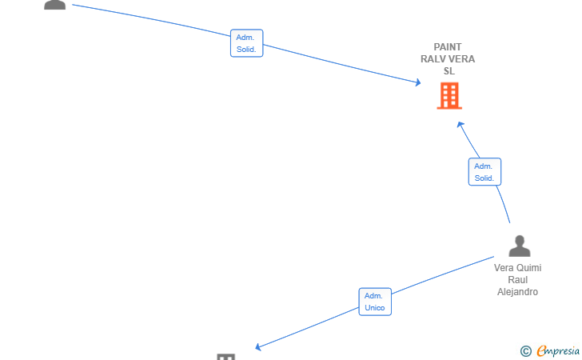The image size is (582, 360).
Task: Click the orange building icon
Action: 449,96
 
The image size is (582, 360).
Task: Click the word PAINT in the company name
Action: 448,47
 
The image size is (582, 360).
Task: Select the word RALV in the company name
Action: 432,59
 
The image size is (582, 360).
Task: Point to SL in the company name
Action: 449,71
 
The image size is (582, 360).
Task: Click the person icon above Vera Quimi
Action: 520,246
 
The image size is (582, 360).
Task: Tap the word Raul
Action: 517,280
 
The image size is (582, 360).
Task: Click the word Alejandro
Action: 517,292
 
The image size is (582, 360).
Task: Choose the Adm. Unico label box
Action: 375,302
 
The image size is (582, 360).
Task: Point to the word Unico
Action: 374,308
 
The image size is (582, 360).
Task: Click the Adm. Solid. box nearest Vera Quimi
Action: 484,172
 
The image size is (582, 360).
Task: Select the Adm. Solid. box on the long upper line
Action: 246,43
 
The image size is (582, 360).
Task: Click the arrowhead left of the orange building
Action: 418,82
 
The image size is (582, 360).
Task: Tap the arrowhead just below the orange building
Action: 460,125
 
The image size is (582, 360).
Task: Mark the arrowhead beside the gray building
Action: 258,347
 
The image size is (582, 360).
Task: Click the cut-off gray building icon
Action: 226,357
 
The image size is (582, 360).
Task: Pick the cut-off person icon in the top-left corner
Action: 55,5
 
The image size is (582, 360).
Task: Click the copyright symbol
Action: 526,351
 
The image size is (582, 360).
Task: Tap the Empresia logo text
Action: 558,350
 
